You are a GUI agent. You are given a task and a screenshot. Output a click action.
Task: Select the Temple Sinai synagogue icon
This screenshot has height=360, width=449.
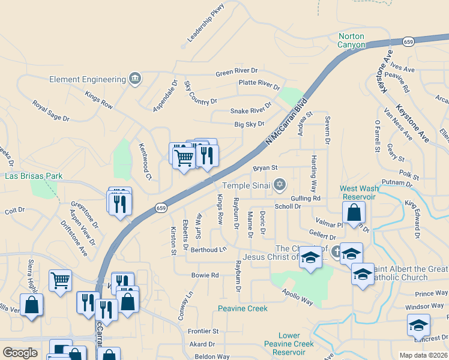tap(279, 185)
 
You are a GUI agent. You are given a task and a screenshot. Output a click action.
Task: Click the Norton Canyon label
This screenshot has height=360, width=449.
tap(351, 40)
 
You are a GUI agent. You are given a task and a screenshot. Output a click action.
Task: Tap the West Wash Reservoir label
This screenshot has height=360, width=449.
tap(360, 193)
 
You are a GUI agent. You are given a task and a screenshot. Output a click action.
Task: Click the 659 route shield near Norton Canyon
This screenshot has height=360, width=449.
tap(409, 41)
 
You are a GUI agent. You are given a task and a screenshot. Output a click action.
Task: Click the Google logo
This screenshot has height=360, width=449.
tap(20, 353)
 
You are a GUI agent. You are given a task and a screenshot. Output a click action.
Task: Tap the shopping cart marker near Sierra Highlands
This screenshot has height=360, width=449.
tap(60, 280)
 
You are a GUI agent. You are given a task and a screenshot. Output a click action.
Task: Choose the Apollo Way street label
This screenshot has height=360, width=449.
tap(298, 296)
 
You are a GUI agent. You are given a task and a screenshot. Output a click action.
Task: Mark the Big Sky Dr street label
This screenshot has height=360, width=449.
tap(249, 124)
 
